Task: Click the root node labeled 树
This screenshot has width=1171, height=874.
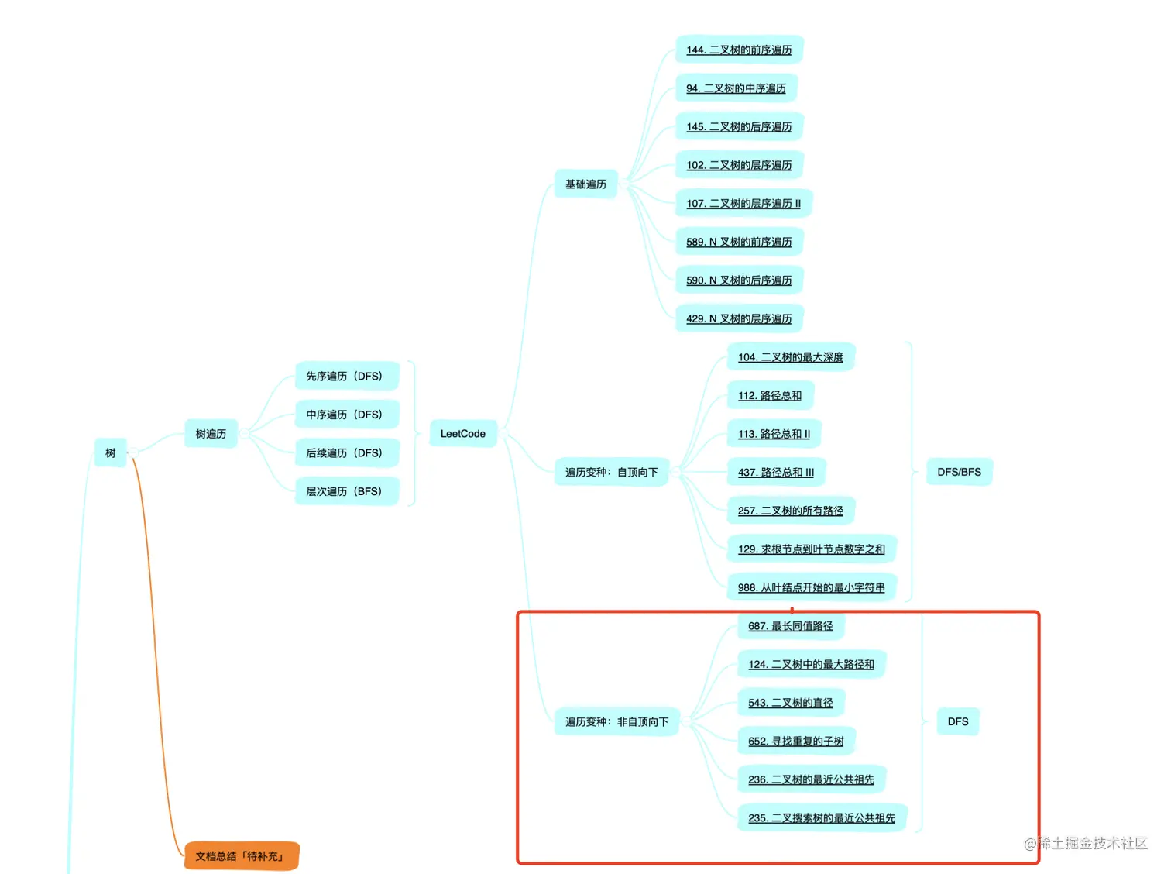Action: (110, 453)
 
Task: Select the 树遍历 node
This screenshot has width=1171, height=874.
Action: (211, 434)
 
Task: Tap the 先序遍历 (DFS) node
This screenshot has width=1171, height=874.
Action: (345, 377)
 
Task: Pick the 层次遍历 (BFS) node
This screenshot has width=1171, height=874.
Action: (345, 491)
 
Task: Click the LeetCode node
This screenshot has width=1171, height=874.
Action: (462, 434)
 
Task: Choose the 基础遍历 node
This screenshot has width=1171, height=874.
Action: (585, 184)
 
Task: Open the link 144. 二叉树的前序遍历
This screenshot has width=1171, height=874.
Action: (739, 50)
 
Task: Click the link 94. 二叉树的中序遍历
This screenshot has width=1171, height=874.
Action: (736, 88)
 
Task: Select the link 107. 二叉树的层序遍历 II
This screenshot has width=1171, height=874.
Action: (743, 204)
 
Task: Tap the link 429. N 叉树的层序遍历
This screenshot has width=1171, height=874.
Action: (739, 319)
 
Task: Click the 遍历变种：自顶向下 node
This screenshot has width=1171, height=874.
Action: (611, 472)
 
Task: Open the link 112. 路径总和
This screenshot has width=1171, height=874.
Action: (770, 396)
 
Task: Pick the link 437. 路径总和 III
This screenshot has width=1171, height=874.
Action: (776, 473)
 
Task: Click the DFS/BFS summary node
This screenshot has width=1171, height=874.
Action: (959, 472)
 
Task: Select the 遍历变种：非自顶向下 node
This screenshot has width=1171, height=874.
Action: (616, 722)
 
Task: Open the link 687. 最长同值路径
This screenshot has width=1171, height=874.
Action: (791, 626)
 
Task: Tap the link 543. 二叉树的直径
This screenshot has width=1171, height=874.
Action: (791, 703)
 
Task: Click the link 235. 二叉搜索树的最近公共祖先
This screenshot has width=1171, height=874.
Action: (822, 818)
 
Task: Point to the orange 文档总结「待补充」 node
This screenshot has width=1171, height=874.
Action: (241, 856)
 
